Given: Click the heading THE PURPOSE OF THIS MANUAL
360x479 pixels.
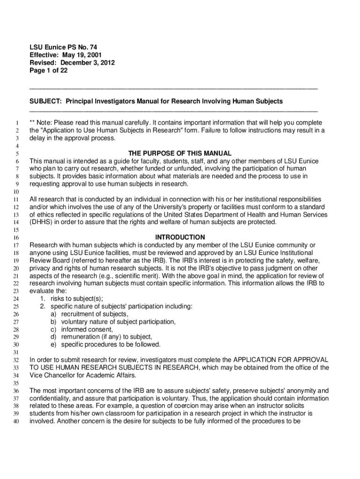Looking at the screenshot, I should tap(180, 153).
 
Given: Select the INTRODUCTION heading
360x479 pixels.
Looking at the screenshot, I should tap(180, 237).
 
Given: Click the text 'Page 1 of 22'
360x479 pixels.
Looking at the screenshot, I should tap(48, 70).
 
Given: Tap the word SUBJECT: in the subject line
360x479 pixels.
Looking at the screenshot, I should tap(45, 101).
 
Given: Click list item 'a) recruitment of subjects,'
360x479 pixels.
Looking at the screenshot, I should tap(89, 314).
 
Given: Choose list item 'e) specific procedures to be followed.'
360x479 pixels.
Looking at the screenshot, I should tap(105, 345).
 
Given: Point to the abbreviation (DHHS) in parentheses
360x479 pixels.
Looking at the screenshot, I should tap(43, 222).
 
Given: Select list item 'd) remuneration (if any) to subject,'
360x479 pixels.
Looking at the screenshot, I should tap(101, 337).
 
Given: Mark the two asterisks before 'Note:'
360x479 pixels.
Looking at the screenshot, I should tap(32, 123).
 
